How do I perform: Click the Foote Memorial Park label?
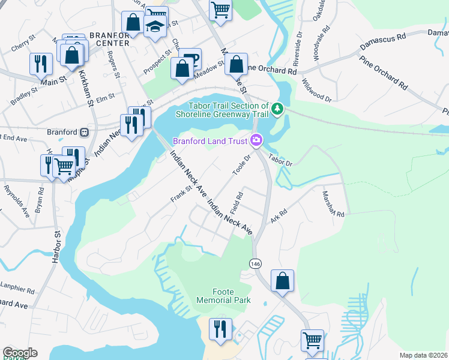pyautogui.click(x=224, y=294)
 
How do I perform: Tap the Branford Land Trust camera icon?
pyautogui.click(x=257, y=140)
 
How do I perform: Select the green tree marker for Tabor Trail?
pyautogui.click(x=277, y=109)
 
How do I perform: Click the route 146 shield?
pyautogui.click(x=254, y=263)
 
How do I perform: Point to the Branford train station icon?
pyautogui.click(x=85, y=132)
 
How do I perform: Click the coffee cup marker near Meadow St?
pyautogui.click(x=190, y=58)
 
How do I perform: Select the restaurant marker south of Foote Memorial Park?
pyautogui.click(x=220, y=329)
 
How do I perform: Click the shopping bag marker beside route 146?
pyautogui.click(x=282, y=281)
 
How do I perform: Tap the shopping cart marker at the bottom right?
pyautogui.click(x=312, y=340)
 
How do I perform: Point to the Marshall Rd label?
pyautogui.click(x=332, y=205)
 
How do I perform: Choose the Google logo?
pyautogui.click(x=20, y=353)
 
